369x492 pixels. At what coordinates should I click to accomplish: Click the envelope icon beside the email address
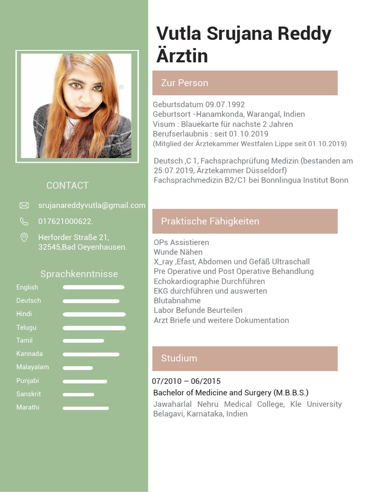[x=24, y=206]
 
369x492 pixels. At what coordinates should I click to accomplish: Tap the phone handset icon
[x=24, y=221]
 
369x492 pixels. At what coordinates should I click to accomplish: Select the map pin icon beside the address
[x=24, y=237]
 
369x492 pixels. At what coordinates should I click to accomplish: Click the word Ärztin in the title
[x=182, y=55]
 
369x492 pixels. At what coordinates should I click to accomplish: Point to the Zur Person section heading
[x=184, y=83]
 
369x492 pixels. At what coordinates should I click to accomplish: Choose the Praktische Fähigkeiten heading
[x=210, y=221]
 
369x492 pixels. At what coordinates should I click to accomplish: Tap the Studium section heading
[x=179, y=358]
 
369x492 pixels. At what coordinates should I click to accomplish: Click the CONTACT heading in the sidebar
[x=67, y=185]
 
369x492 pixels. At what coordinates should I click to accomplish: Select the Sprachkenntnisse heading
[x=79, y=274]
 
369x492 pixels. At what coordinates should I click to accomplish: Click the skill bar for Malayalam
[x=78, y=368]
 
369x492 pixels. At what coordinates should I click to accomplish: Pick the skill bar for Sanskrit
[x=78, y=395]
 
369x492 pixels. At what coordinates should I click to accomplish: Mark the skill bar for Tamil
[x=83, y=341]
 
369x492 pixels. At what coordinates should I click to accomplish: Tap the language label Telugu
[x=26, y=328]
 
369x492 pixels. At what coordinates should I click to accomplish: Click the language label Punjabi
[x=27, y=381]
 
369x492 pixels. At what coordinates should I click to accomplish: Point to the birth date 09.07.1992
[x=225, y=105]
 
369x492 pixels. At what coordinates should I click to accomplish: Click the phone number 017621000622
[x=65, y=221]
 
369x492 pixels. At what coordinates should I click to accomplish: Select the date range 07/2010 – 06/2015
[x=186, y=381]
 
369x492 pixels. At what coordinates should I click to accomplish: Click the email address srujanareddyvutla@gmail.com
[x=92, y=206]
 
